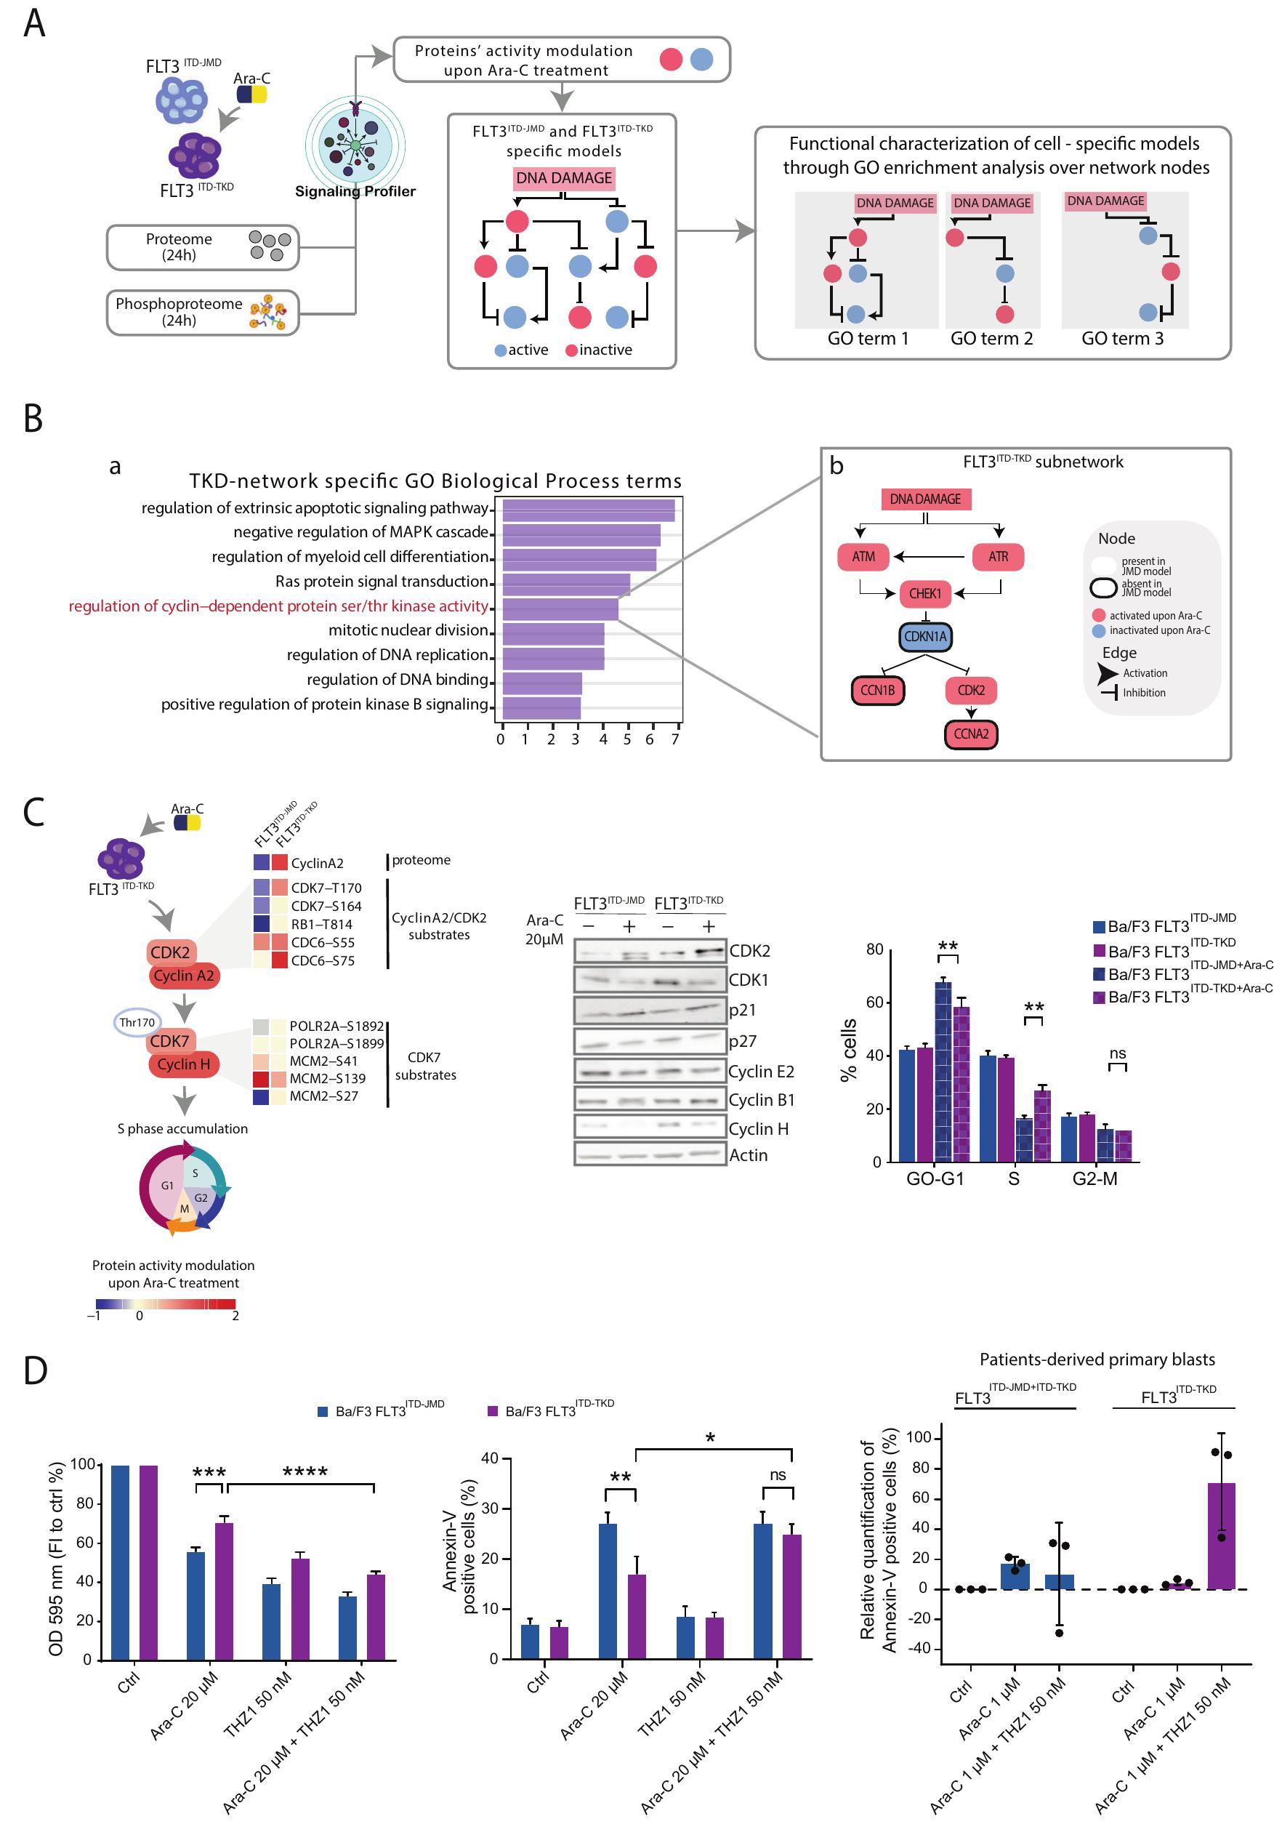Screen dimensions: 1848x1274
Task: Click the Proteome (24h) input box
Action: point(202,247)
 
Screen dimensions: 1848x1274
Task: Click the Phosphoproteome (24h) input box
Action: point(202,312)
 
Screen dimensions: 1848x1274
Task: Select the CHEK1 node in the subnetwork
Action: point(924,594)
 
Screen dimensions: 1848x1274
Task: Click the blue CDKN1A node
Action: point(924,637)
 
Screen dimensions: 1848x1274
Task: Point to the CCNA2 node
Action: point(971,734)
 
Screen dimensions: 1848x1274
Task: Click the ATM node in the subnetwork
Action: point(863,557)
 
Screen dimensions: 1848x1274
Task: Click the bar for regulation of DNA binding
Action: point(541,684)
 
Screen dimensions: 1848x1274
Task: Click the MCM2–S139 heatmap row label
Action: point(326,1078)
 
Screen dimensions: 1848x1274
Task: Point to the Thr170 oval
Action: point(137,1023)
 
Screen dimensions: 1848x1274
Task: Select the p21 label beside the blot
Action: point(741,1010)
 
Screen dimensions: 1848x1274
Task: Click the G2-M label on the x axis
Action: point(1094,1179)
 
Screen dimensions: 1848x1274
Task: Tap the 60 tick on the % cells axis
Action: point(875,1003)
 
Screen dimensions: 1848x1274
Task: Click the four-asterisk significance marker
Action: point(305,1472)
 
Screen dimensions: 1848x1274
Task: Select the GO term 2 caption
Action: point(991,339)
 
